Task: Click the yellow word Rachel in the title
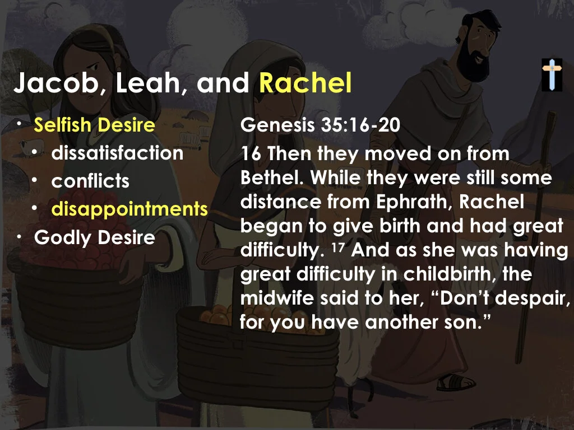pos(305,84)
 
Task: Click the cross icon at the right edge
pos(552,74)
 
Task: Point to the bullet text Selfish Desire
pos(94,125)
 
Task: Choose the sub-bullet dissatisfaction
pos(117,153)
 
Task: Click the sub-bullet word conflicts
pos(90,181)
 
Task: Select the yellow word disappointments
pos(129,209)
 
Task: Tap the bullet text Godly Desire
pos(94,237)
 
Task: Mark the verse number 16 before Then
pos(252,153)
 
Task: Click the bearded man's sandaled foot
pos(452,382)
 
